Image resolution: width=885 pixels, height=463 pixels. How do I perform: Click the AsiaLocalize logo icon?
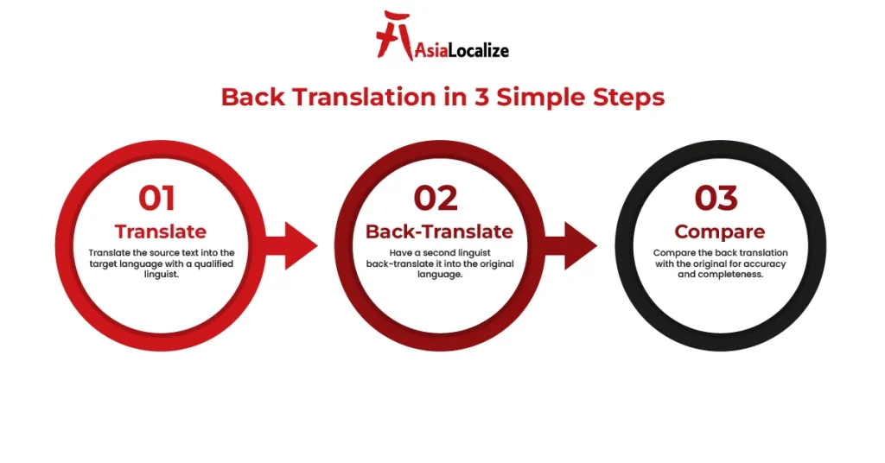[x=394, y=35]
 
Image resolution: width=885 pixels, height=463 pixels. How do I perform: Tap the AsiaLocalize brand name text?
[x=460, y=50]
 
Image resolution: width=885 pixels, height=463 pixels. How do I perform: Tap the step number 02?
[x=436, y=199]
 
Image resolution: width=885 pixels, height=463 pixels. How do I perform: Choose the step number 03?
[x=719, y=199]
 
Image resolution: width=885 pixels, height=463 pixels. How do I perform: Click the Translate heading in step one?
[x=161, y=231]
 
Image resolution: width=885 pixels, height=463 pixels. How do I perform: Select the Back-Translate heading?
[x=439, y=231]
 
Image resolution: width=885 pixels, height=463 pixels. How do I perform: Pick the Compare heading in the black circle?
[x=719, y=231]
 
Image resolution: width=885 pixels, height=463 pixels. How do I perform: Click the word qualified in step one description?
[x=213, y=263]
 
